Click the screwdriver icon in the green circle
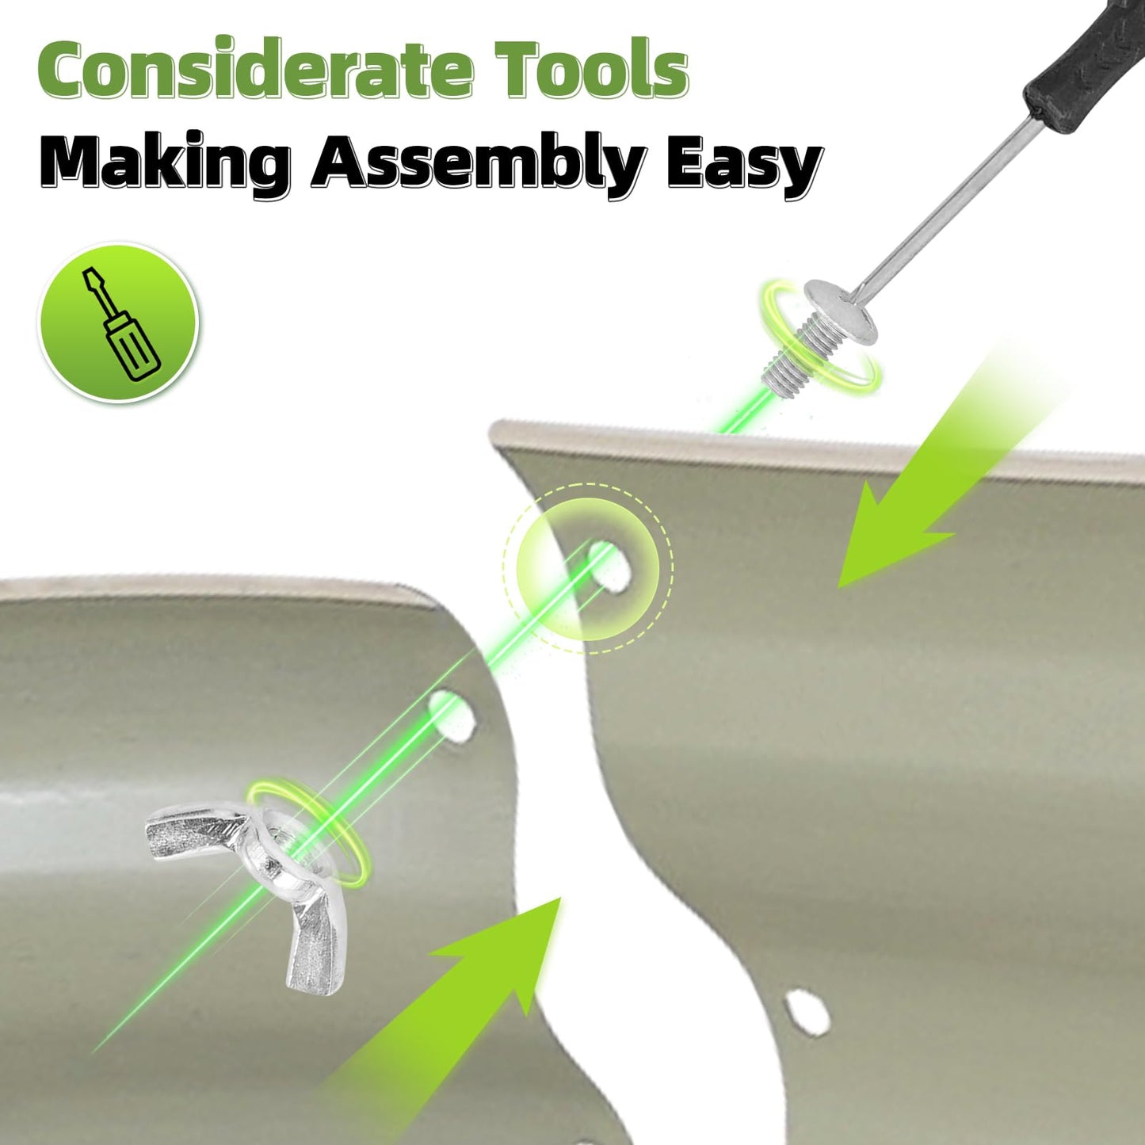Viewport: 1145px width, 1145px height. tap(119, 324)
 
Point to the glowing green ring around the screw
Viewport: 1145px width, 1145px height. tap(821, 336)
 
